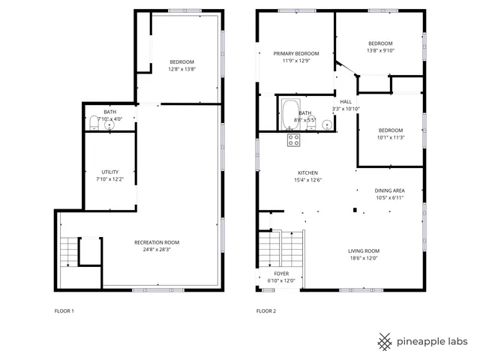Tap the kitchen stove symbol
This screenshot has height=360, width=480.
(293, 139)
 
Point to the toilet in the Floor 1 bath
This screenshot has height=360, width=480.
(94, 121)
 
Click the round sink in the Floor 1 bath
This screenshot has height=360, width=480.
(109, 124)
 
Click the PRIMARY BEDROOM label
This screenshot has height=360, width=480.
(296, 53)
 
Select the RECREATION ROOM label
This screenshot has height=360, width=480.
(157, 242)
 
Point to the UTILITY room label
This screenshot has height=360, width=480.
(109, 172)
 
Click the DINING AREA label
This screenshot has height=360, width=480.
(389, 190)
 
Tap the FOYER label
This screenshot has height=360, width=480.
(281, 274)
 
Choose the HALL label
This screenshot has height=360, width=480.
(346, 101)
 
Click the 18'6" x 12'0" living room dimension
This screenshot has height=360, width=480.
(364, 259)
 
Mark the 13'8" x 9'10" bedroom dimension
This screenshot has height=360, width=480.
(380, 51)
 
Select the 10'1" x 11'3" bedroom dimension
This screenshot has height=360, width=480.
(391, 137)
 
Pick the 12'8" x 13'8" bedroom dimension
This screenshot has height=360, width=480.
(181, 69)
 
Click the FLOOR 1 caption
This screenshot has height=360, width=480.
(64, 310)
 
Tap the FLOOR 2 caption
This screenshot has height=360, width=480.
(266, 310)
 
